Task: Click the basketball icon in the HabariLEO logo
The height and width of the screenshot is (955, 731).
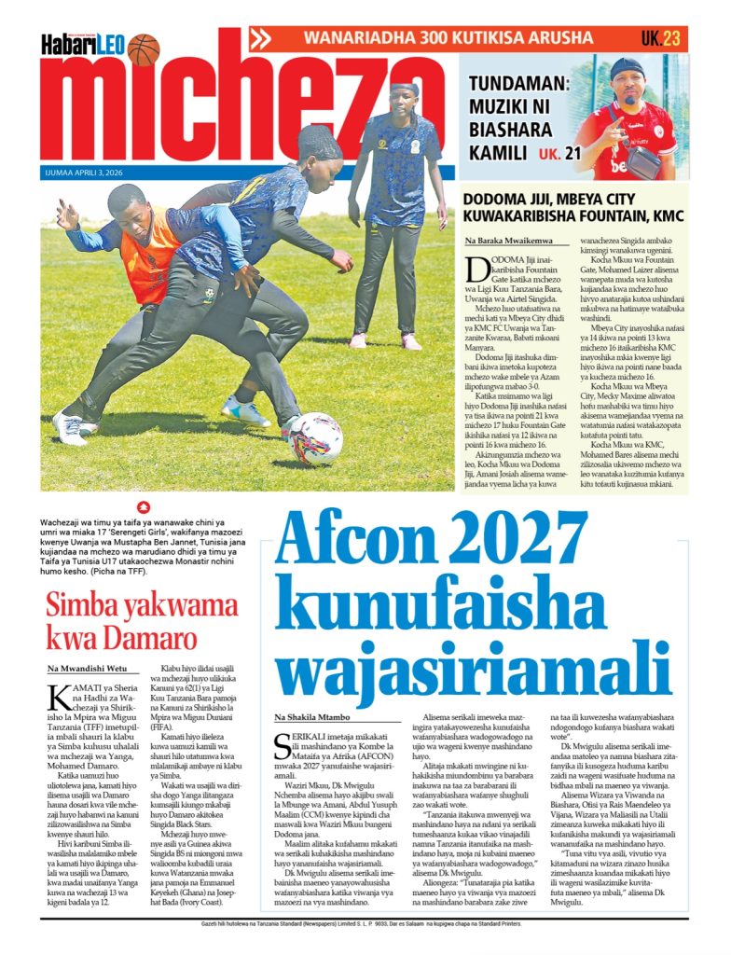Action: point(144,48)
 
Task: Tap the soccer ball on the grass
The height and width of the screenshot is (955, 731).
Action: point(316,438)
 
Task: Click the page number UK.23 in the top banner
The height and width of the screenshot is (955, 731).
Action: point(660,38)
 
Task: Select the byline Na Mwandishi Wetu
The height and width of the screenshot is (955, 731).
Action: point(89,669)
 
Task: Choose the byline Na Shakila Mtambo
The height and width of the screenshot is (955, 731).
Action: point(312,716)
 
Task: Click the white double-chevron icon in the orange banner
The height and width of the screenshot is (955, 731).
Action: point(261,38)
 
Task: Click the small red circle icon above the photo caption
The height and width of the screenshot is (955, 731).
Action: point(142,507)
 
